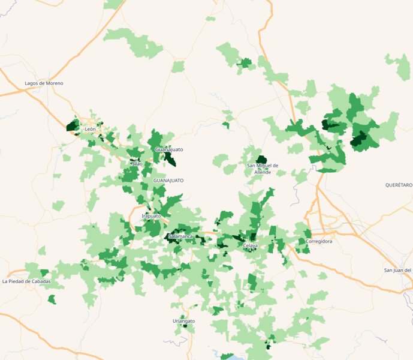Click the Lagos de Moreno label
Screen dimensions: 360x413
[44, 83]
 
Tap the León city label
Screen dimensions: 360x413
[91, 129]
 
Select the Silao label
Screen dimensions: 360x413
[137, 163]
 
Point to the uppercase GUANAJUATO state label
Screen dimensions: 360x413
[168, 180]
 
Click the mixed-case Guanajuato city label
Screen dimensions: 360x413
[169, 149]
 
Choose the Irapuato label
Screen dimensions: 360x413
[151, 215]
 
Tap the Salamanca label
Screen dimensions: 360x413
[181, 236]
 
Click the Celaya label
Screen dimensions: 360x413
[250, 246]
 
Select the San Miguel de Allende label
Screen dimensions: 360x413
[263, 169]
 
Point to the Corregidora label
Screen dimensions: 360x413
[319, 241]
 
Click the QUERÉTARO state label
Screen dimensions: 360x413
[399, 185]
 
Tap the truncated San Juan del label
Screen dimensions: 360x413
[398, 270]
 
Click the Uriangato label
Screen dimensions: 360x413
[184, 321]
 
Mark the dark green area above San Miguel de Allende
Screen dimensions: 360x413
[261, 160]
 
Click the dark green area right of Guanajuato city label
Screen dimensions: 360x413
[170, 159]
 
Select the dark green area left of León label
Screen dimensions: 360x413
[73, 125]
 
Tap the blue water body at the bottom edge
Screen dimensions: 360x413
[227, 356]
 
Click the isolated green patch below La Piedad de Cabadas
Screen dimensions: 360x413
[52, 299]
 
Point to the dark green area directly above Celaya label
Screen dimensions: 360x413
[253, 237]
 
